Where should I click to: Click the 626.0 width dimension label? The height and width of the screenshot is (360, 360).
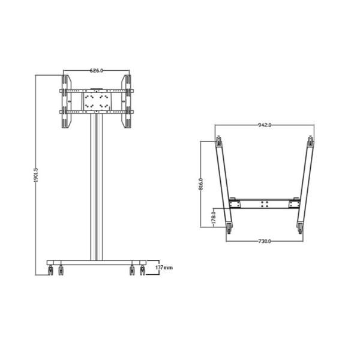[97, 70]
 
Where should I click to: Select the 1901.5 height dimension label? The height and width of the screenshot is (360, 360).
[36, 175]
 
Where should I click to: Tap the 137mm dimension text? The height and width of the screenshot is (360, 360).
[164, 268]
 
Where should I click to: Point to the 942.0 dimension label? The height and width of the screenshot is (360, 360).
[265, 125]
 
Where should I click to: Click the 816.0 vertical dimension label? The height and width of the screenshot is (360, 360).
[201, 184]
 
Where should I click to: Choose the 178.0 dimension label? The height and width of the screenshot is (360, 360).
[214, 218]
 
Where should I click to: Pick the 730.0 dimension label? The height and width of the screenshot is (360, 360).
[265, 241]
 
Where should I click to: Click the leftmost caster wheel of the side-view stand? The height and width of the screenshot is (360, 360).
[50, 270]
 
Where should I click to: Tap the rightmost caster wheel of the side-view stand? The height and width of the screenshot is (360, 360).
[143, 270]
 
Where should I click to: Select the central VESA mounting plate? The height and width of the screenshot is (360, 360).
[97, 101]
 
